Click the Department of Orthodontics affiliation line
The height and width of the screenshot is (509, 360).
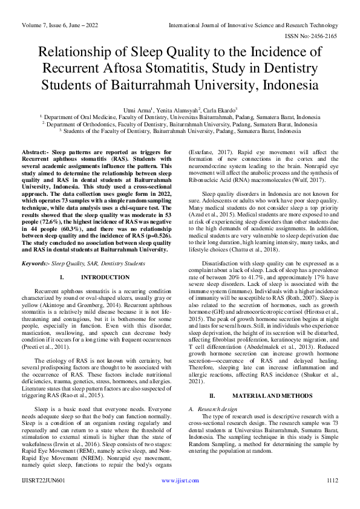tap(180, 123)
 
